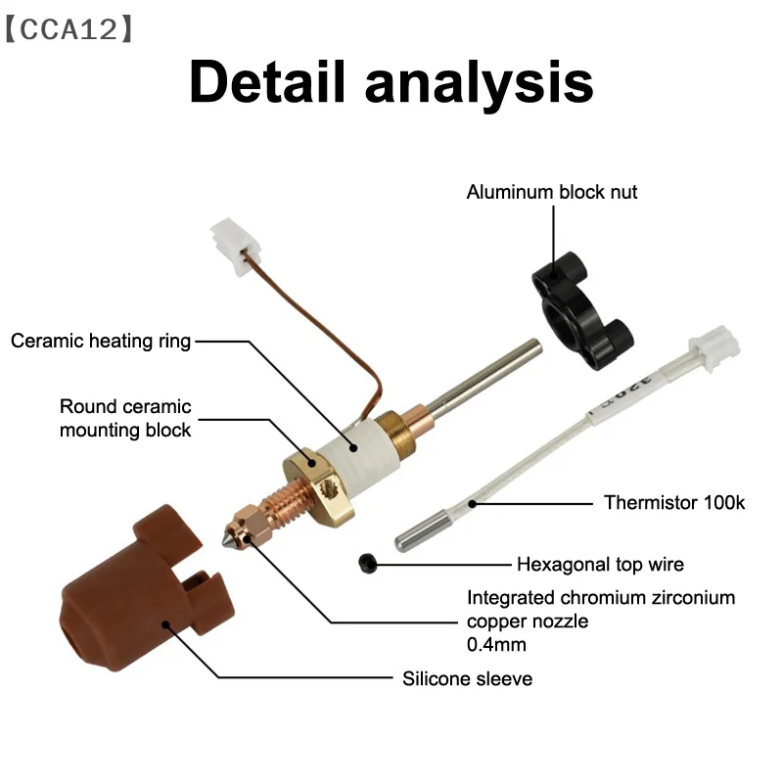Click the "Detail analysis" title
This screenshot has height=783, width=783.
tap(391, 82)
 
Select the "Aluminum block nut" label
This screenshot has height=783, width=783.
tap(551, 192)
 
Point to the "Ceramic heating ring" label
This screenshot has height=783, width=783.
tap(101, 342)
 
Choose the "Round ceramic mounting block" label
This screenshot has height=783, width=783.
tap(125, 418)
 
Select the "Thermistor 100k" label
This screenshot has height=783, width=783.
tap(674, 503)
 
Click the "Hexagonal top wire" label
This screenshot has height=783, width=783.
tap(600, 564)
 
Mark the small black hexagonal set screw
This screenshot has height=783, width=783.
tap(368, 563)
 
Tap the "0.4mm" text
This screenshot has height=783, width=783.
tap(496, 645)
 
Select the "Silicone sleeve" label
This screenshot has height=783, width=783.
tap(467, 677)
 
